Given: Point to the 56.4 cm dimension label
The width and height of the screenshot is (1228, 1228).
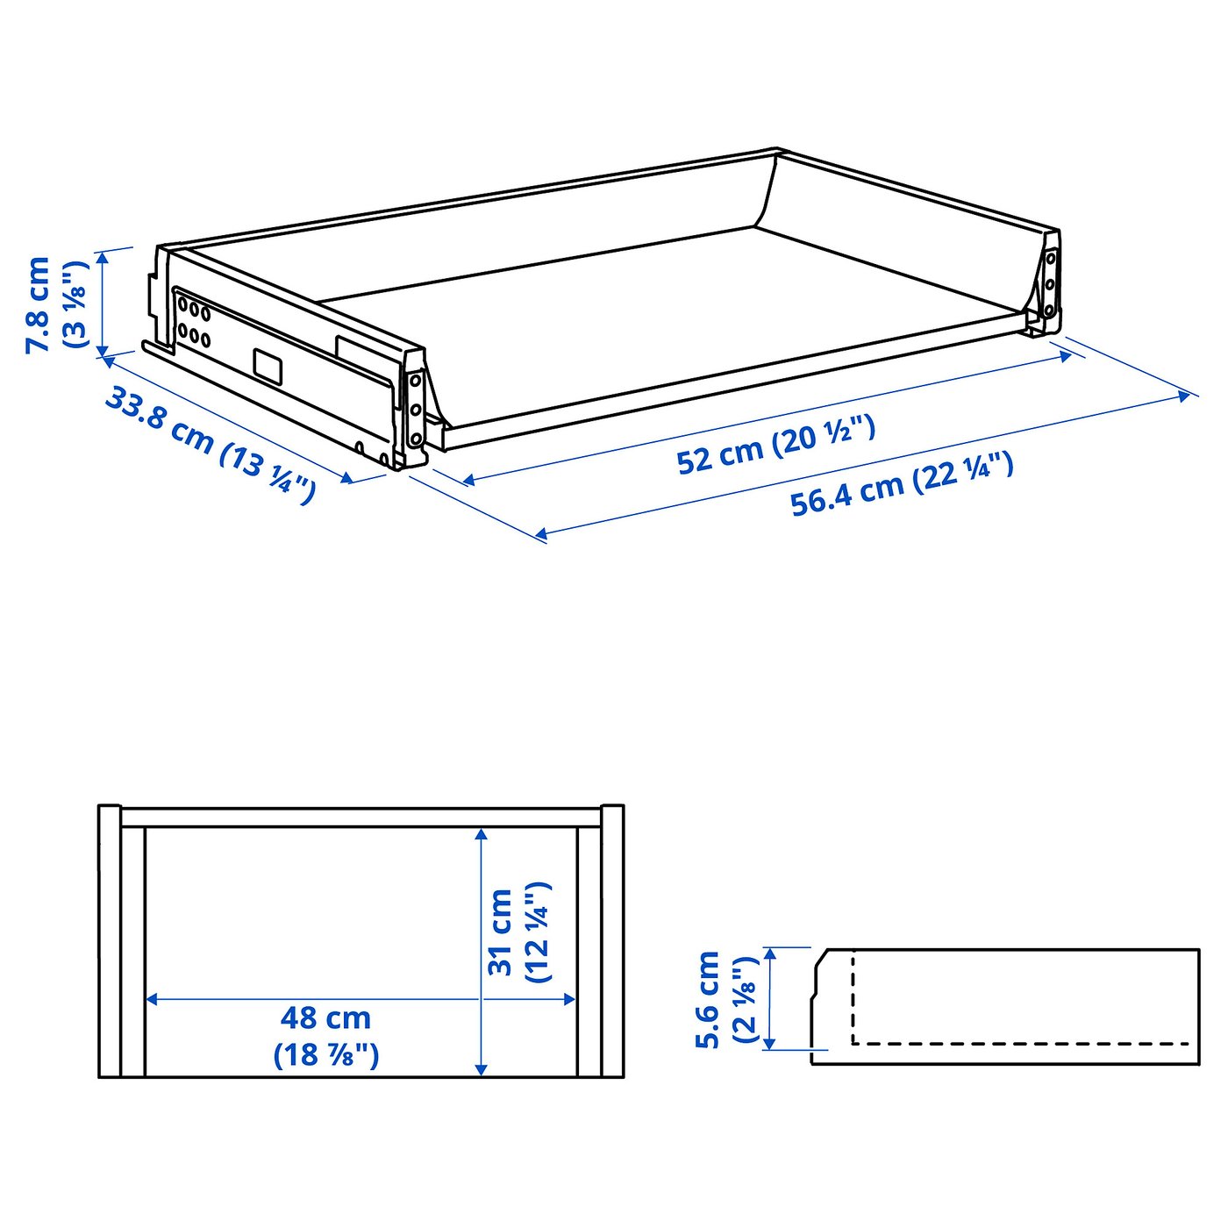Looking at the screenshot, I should tap(846, 496).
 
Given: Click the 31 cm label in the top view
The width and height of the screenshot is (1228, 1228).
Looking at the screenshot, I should tap(500, 932).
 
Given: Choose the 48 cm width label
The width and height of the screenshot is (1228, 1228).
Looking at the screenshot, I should tap(325, 1018).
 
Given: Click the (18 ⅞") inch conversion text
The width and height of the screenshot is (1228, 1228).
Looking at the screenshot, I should tap(326, 1054).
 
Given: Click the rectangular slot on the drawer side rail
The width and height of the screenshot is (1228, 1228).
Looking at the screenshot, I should tap(268, 366).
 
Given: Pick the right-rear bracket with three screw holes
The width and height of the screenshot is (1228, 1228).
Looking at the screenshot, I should tap(1049, 282).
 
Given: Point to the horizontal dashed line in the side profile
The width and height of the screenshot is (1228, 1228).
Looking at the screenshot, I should tap(1022, 1044).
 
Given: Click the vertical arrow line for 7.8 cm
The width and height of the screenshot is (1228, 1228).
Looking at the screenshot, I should tap(104, 303).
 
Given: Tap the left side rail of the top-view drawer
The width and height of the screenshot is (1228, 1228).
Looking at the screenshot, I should tap(132, 952).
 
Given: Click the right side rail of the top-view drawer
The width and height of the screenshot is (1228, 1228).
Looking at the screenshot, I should tap(589, 952).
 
